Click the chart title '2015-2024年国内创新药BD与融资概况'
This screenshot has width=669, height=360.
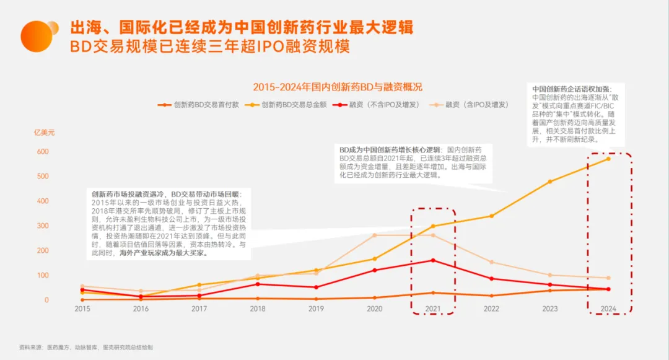point(338,87)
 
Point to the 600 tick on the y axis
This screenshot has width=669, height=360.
point(42,152)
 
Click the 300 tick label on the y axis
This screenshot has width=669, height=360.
point(42,226)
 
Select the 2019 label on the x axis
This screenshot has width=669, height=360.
point(317,308)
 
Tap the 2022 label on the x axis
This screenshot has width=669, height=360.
point(491,308)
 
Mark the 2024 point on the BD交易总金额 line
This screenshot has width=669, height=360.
point(608,159)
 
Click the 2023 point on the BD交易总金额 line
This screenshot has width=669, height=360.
point(549,182)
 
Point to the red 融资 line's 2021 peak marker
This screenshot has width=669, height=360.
point(433,260)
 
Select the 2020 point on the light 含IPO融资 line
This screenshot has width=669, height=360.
point(375,235)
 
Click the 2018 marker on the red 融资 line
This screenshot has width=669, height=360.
point(258,284)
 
